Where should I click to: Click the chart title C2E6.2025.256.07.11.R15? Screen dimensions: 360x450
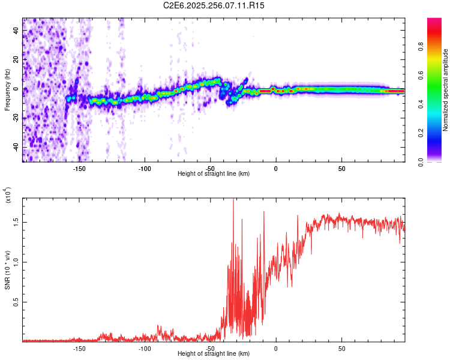coord(214,5)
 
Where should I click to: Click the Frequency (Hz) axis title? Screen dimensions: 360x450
coord(7,90)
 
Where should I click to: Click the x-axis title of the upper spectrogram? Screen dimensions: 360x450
coord(214,173)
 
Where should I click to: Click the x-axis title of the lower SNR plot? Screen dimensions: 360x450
coord(214,353)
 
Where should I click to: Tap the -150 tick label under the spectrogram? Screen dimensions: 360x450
coord(79,169)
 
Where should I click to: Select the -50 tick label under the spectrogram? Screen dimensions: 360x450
coord(210,169)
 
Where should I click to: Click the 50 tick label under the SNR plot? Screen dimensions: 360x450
coord(341,349)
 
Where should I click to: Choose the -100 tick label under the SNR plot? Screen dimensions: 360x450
coord(145,349)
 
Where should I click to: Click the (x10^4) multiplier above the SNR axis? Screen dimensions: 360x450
coord(8,196)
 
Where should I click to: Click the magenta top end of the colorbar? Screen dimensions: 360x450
coord(434,20)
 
